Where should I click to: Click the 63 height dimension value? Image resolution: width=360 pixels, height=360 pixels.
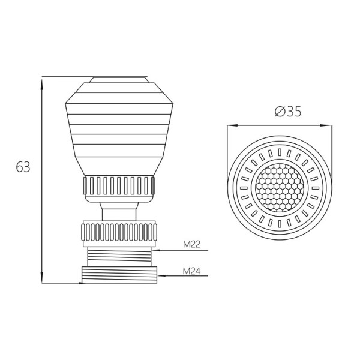pos(23,167)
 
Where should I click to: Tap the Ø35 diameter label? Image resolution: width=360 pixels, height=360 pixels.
pos(288,112)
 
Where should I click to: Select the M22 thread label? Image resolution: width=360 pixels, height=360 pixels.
pos(191,244)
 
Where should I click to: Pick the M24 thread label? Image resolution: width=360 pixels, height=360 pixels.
pos(191,271)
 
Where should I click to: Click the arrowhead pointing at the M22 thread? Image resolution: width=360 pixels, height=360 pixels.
pos(155,250)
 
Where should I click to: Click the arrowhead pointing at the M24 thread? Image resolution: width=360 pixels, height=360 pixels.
pos(161,276)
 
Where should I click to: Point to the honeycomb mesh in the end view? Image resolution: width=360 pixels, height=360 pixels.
pos(280,188)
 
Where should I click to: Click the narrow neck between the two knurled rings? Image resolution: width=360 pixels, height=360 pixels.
pos(119,212)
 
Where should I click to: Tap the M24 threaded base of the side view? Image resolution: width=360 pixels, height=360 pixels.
pos(119,275)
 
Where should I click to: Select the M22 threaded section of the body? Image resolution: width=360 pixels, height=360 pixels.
pos(119,257)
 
